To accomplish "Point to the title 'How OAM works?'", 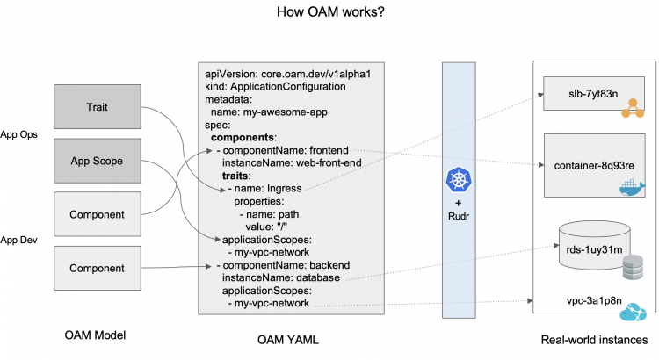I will [329, 12].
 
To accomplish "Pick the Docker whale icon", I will [631, 188].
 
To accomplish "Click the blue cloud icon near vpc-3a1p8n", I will [632, 314].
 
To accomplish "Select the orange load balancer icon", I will [630, 111].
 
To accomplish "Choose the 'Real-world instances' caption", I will [594, 338].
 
